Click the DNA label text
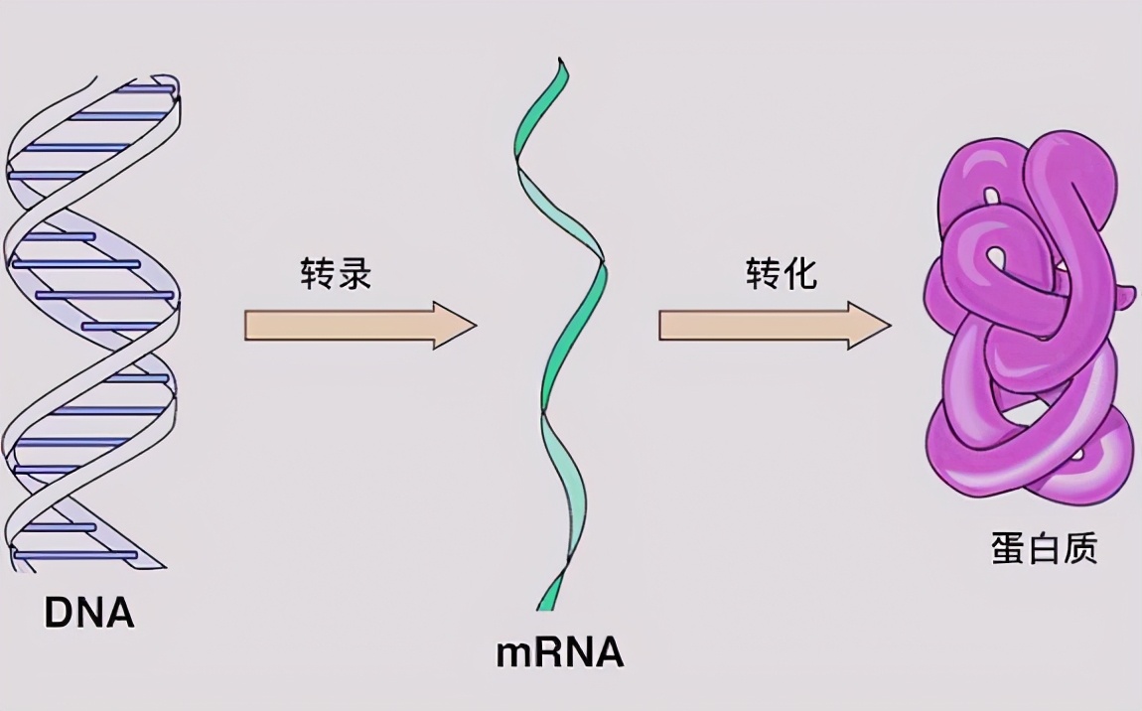[88, 613]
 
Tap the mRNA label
[560, 653]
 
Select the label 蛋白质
[1044, 549]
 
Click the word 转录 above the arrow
[336, 274]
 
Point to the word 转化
[782, 274]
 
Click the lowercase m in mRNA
[515, 655]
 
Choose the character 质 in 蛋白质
[1080, 549]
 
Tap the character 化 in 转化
[800, 274]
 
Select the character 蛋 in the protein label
[1008, 549]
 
